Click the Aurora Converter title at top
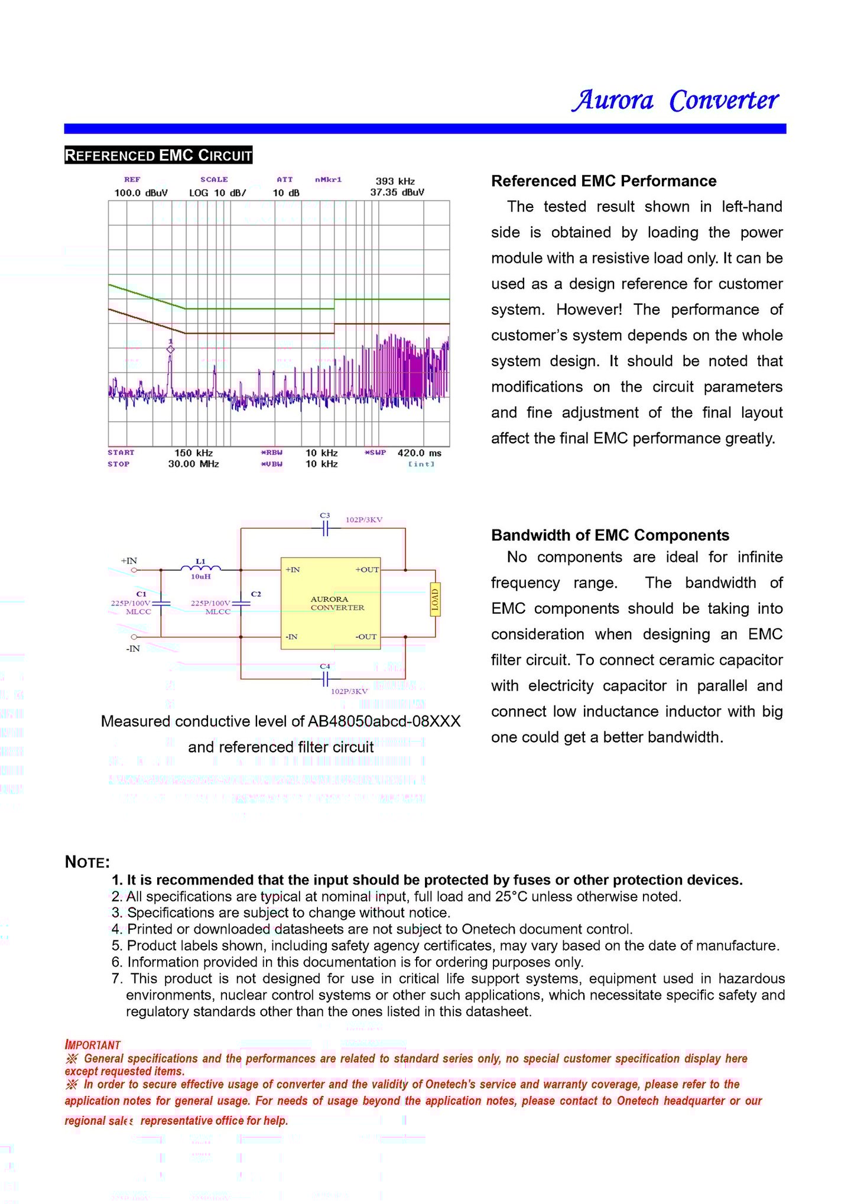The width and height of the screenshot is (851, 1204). coord(675,100)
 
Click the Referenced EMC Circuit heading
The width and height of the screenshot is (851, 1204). coord(158,155)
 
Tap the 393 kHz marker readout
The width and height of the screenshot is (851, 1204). coord(395,181)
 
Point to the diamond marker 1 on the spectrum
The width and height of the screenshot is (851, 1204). coord(171,350)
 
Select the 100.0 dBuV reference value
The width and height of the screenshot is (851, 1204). coord(141,193)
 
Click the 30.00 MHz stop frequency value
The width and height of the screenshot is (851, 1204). coord(193,464)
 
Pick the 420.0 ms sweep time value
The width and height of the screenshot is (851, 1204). coord(420,453)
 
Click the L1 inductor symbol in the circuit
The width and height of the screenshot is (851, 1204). coord(200,568)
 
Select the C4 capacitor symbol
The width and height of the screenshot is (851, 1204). coord(325,679)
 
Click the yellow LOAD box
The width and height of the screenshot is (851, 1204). coord(435,600)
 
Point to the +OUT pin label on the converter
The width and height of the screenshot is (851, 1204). coord(367,570)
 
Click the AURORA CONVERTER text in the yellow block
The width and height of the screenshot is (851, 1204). coord(337,603)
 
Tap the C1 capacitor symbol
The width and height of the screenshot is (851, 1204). coord(161,603)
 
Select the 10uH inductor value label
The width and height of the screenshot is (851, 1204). coord(200,577)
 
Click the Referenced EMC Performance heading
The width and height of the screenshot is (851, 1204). coord(603,181)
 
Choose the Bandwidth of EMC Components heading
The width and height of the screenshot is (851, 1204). coord(610,535)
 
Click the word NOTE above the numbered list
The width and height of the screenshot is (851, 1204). coord(87,862)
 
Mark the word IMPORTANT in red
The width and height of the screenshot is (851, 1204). coord(93,1045)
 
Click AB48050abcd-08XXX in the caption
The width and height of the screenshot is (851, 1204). coord(384,721)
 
